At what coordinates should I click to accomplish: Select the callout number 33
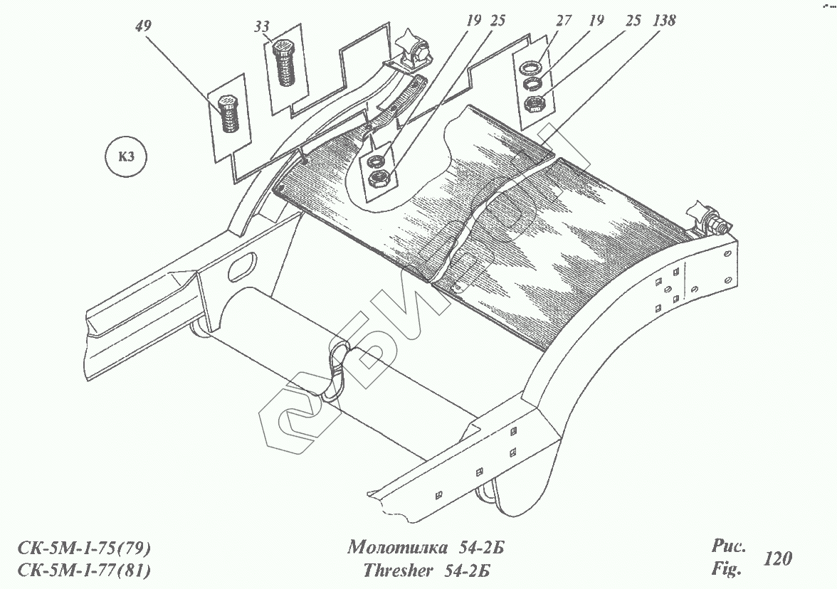261,28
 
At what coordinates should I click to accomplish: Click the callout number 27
563,21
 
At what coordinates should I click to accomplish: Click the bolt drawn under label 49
228,115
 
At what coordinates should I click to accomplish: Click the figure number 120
777,558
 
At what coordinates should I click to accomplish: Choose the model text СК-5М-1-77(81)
84,571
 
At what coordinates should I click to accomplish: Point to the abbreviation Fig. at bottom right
726,569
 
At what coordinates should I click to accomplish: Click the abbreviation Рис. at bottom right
728,546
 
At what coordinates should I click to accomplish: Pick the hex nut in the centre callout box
379,178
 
